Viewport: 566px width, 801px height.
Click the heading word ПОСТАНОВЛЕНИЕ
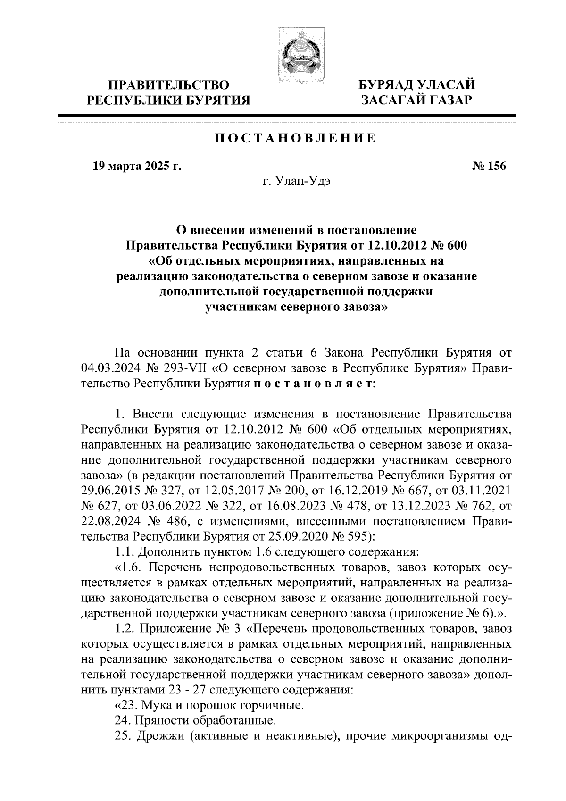296,138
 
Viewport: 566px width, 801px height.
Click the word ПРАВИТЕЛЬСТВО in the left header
169,85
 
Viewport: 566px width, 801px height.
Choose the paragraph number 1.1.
125,551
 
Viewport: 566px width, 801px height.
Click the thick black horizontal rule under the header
287,115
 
